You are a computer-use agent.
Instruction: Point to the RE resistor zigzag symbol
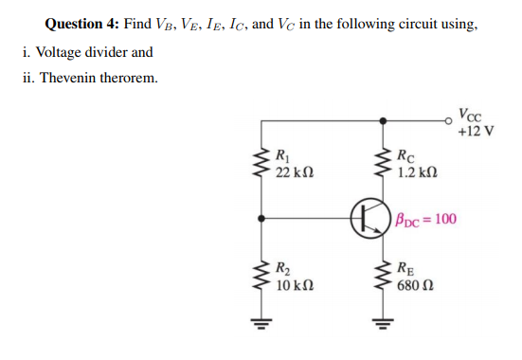click(x=384, y=275)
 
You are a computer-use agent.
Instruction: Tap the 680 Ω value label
click(x=417, y=285)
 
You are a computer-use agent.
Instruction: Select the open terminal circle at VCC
click(x=451, y=120)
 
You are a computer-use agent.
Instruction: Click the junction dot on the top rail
click(x=384, y=120)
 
